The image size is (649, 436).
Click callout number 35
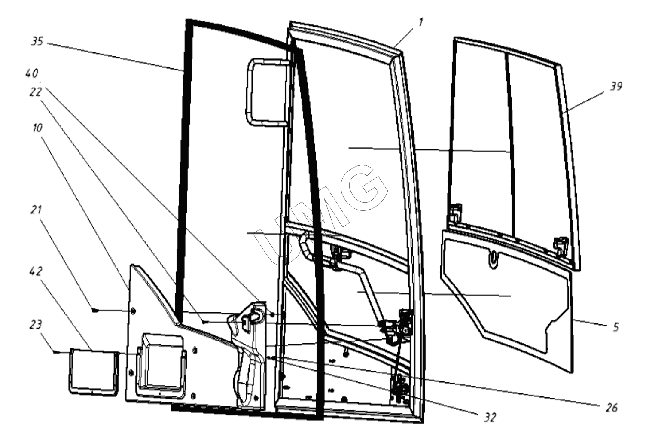tap(37, 41)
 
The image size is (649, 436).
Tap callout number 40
tap(32, 73)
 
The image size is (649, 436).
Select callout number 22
tap(36, 92)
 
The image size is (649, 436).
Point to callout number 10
tap(37, 128)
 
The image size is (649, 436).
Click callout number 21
tap(36, 209)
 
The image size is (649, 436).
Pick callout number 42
tap(36, 271)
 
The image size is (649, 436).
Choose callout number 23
tap(36, 324)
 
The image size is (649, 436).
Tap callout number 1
tap(420, 22)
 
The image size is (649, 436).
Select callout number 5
tap(616, 327)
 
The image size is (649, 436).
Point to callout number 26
tap(611, 407)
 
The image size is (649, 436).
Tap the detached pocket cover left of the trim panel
tap(94, 372)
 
